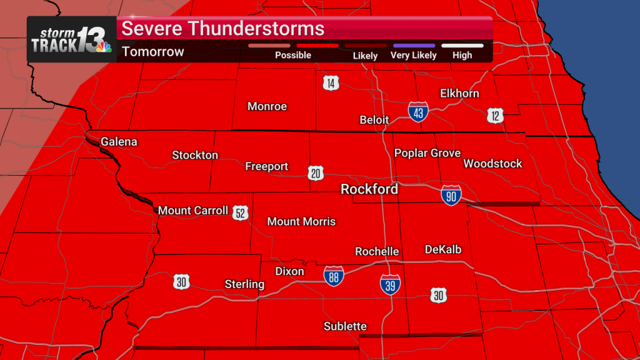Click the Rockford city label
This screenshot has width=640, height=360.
pyautogui.click(x=369, y=189)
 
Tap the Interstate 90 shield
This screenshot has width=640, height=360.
pyautogui.click(x=451, y=195)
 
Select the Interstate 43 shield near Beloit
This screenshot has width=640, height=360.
pyautogui.click(x=418, y=112)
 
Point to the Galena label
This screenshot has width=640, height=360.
pyautogui.click(x=119, y=142)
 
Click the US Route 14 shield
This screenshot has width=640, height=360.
pyautogui.click(x=331, y=82)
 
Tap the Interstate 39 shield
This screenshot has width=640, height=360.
pyautogui.click(x=391, y=285)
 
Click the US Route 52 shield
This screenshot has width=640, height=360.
pyautogui.click(x=241, y=212)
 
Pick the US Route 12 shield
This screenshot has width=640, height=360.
pyautogui.click(x=496, y=115)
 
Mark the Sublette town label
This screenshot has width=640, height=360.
pyautogui.click(x=345, y=326)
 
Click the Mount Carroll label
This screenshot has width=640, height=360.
pyautogui.click(x=193, y=211)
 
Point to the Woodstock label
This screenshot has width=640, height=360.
pyautogui.click(x=492, y=164)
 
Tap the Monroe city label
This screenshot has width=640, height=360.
pyautogui.click(x=267, y=106)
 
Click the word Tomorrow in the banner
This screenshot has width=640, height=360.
pyautogui.click(x=153, y=51)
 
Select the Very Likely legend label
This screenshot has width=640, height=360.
pyautogui.click(x=413, y=55)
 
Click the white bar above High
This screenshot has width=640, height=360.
pyautogui.click(x=462, y=46)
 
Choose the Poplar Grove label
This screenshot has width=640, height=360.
pyautogui.click(x=427, y=153)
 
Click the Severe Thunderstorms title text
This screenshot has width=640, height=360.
pyautogui.click(x=222, y=29)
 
